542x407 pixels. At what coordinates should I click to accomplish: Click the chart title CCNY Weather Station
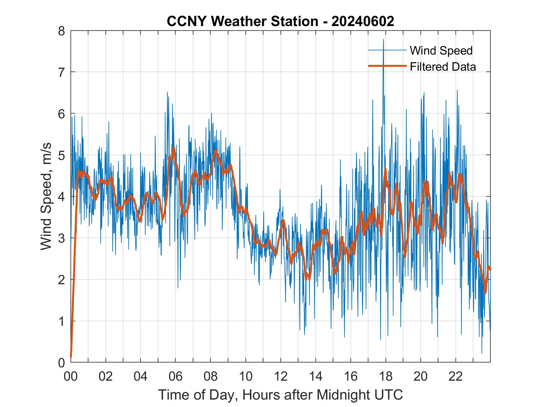[242, 21]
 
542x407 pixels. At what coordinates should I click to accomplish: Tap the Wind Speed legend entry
[441, 51]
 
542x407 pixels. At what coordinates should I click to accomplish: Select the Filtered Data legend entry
[443, 67]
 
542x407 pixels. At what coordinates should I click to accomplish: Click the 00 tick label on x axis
[71, 376]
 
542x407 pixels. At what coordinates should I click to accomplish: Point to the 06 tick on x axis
[176, 376]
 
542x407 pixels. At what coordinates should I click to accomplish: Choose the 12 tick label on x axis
[281, 376]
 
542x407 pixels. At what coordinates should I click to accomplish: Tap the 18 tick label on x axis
[386, 376]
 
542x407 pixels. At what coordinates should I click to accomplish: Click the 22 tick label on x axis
[456, 376]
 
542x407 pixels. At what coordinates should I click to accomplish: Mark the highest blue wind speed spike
[383, 40]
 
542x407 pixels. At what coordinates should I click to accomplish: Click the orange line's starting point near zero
[71, 356]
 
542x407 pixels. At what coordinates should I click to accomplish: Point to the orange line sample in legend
[387, 66]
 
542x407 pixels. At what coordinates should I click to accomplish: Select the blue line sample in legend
[387, 50]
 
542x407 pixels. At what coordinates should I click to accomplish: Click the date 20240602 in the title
[363, 21]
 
